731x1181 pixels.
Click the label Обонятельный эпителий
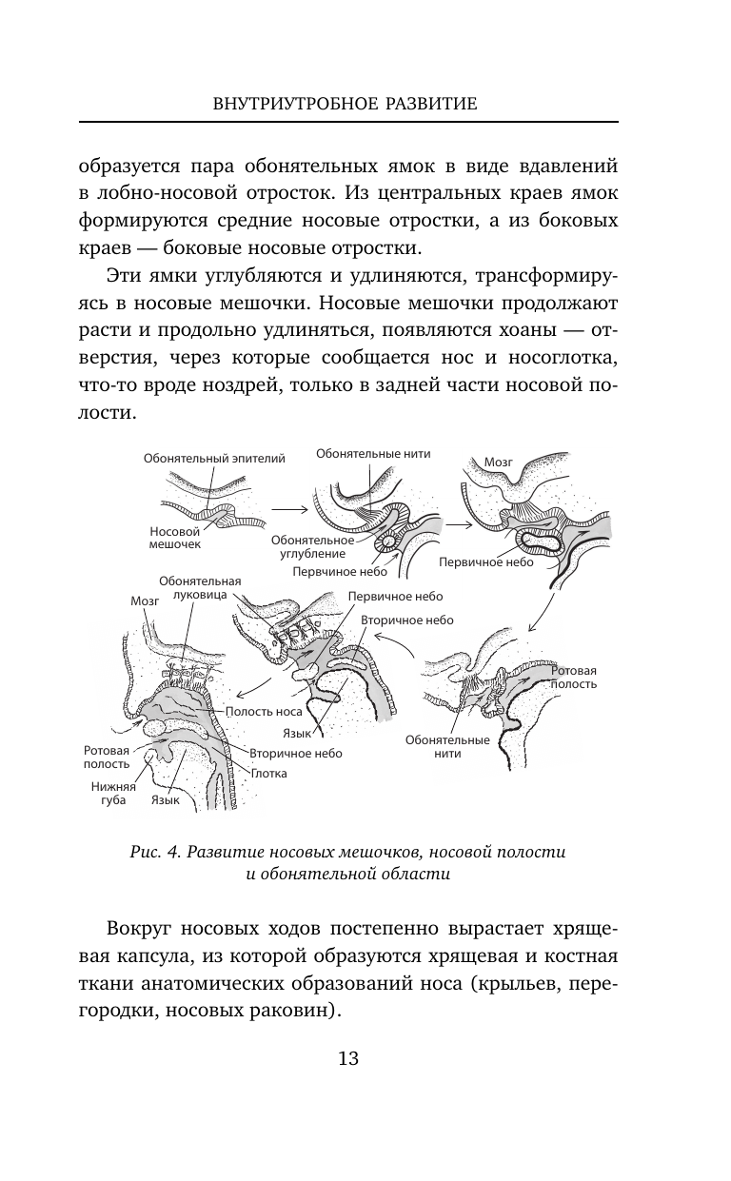coord(214,459)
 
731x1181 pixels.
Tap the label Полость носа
coord(263,711)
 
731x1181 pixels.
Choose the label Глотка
coord(268,774)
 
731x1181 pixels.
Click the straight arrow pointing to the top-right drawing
coord(460,524)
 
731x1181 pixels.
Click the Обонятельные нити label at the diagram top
coord(373,454)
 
